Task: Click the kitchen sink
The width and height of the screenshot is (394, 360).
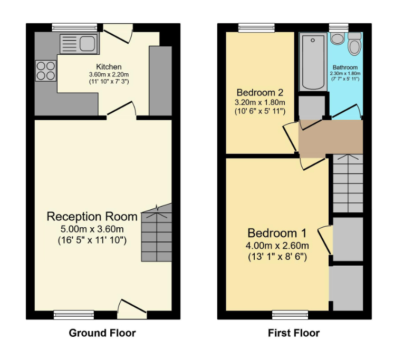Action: pyautogui.click(x=79, y=44)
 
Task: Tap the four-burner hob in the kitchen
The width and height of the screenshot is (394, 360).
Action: pyautogui.click(x=46, y=71)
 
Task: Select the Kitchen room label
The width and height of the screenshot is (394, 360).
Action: pyautogui.click(x=109, y=67)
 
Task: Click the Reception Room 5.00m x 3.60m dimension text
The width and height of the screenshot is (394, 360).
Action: pyautogui.click(x=92, y=229)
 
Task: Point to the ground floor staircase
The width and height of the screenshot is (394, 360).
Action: pyautogui.click(x=157, y=233)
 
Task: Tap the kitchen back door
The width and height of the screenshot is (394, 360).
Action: pyautogui.click(x=118, y=33)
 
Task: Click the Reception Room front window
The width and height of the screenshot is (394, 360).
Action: pyautogui.click(x=74, y=315)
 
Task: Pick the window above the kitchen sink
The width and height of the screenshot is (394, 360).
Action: pyautogui.click(x=74, y=27)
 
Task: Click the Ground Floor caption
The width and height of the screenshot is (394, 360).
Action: pyautogui.click(x=102, y=333)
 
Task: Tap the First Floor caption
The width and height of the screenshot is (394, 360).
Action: pyautogui.click(x=294, y=333)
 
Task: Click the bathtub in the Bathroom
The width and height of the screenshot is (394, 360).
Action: pyautogui.click(x=313, y=62)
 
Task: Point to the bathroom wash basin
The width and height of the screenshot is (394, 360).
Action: pyautogui.click(x=338, y=38)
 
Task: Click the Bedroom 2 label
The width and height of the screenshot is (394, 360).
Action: pyautogui.click(x=260, y=93)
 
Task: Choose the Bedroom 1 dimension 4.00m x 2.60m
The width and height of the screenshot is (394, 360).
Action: pyautogui.click(x=277, y=245)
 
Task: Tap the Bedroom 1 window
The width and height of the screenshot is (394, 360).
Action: pyautogui.click(x=290, y=315)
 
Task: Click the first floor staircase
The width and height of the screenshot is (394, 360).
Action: pyautogui.click(x=348, y=183)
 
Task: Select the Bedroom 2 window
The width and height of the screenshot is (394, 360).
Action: pyautogui.click(x=256, y=27)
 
